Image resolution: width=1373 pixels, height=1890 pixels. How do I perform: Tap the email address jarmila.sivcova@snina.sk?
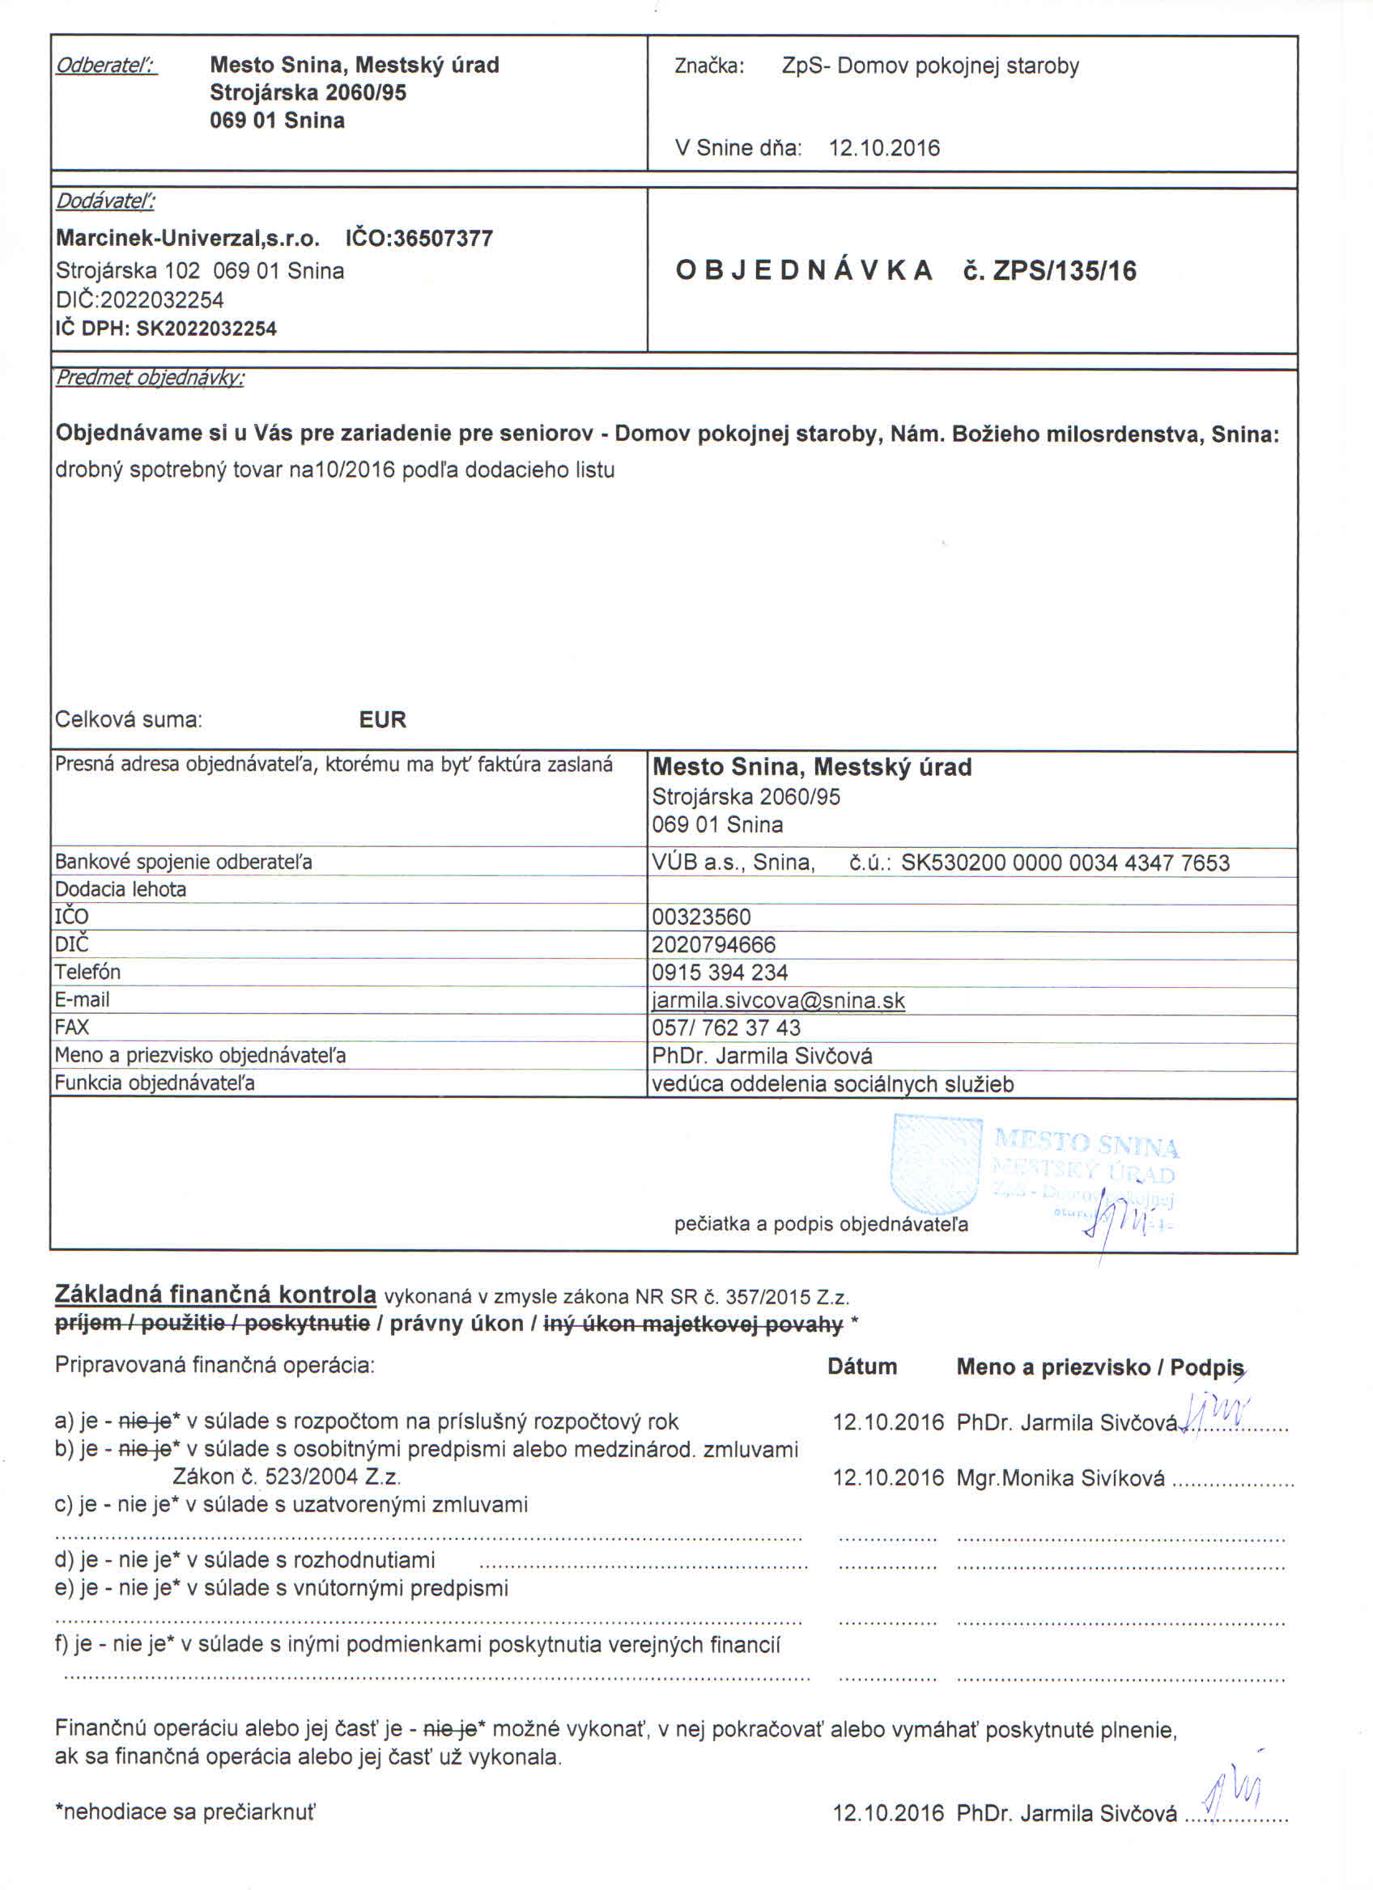tap(778, 1000)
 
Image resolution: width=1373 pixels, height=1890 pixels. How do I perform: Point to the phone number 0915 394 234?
tap(720, 973)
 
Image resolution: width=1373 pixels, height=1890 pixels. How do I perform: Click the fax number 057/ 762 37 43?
tap(726, 1028)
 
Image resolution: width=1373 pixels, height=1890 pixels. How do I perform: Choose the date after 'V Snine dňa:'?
tap(884, 148)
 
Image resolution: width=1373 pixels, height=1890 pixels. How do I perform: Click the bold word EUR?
tap(383, 719)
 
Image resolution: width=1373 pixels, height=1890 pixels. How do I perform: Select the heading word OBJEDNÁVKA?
tap(804, 271)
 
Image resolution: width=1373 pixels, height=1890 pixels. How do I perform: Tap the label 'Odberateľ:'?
tap(106, 65)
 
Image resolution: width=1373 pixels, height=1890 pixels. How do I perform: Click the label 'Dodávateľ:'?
tap(105, 201)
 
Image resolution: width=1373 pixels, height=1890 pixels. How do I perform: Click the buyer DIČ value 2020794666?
tap(713, 945)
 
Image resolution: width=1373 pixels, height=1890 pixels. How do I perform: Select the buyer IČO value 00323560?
tap(701, 917)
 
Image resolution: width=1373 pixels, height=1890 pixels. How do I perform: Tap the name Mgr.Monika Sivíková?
tap(1061, 1478)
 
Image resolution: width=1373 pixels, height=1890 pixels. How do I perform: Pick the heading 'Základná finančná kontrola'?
tap(215, 1295)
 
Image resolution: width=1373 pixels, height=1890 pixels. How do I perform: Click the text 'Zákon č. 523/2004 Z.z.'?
tap(287, 1477)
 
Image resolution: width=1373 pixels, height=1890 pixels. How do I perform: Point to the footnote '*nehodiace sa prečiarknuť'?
tap(185, 1812)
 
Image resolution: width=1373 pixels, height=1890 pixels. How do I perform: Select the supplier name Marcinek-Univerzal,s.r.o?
tap(188, 239)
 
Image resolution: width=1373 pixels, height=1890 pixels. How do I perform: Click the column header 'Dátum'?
tap(862, 1367)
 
